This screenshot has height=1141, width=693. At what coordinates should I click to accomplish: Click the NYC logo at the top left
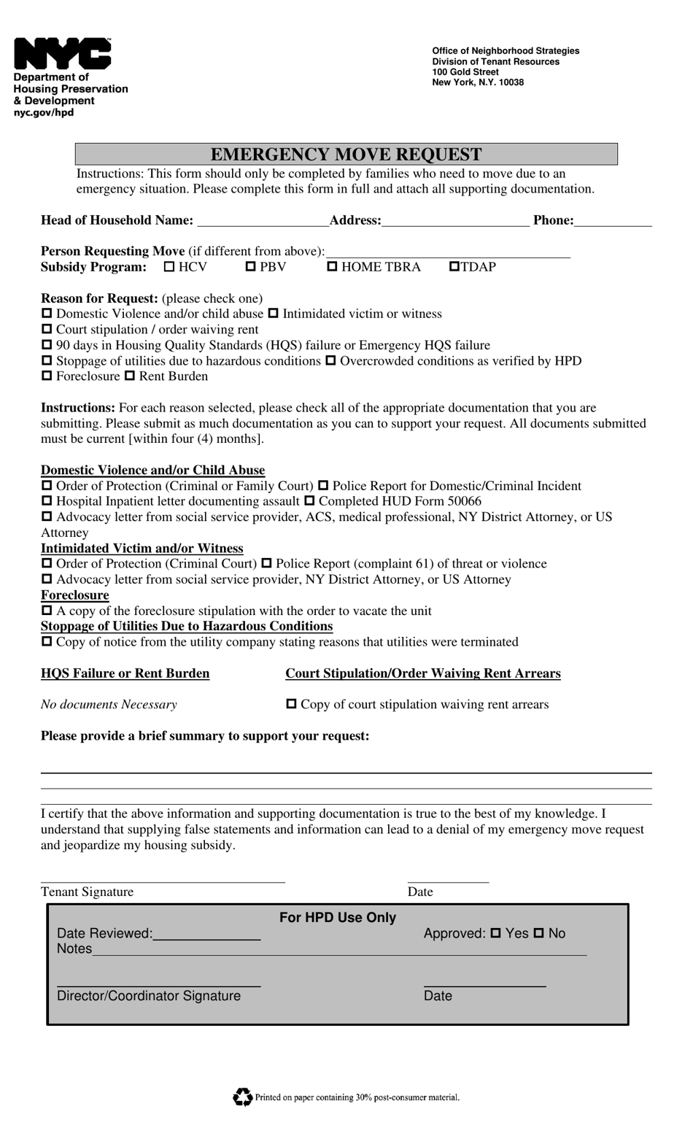[x=62, y=54]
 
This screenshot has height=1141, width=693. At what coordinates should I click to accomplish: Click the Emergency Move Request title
[x=346, y=154]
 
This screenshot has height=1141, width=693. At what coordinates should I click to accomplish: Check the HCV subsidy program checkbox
[x=169, y=267]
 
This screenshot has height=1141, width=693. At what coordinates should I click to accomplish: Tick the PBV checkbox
[x=251, y=267]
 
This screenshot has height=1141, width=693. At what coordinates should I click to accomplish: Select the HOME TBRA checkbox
[x=333, y=267]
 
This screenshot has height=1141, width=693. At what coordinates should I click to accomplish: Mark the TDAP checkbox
[x=454, y=267]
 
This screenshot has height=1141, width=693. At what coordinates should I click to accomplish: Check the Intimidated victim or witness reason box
[x=274, y=314]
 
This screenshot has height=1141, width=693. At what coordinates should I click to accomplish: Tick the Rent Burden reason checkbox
[x=130, y=376]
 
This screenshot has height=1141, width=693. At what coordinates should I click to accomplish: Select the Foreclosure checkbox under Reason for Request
[x=47, y=376]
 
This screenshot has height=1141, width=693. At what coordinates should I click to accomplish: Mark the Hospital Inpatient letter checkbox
[x=47, y=501]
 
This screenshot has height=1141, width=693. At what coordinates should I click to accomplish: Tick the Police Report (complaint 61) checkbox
[x=266, y=564]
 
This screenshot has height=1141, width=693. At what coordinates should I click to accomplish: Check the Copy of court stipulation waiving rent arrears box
[x=291, y=705]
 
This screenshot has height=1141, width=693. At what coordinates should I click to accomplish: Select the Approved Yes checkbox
[x=496, y=933]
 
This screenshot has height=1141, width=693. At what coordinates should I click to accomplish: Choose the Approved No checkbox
[x=539, y=933]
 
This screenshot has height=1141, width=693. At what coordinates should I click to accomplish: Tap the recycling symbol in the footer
[x=242, y=1096]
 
